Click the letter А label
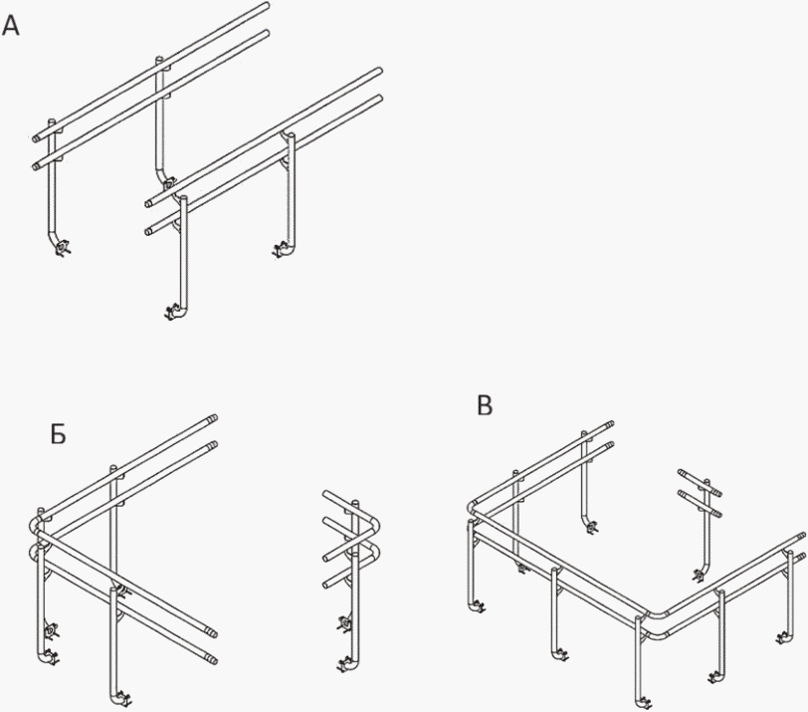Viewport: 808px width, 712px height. (x=11, y=26)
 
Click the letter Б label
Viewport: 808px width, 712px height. (x=59, y=435)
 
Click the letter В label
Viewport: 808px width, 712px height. (x=485, y=405)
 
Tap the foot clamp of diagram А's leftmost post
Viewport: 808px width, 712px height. (x=63, y=249)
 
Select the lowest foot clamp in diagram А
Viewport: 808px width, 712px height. (x=172, y=312)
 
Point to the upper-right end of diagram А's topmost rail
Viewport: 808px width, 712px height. (x=267, y=6)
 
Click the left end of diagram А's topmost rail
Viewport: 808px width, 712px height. (x=35, y=138)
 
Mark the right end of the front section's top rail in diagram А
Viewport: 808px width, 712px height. (x=379, y=71)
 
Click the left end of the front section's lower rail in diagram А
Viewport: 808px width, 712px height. (x=149, y=231)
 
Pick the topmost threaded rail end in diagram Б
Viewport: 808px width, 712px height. (x=212, y=417)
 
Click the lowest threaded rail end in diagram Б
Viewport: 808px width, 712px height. (x=211, y=659)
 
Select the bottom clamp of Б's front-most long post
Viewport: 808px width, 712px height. (x=121, y=699)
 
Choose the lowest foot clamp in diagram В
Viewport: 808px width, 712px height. (x=644, y=703)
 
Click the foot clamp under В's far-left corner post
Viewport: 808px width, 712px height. (x=479, y=606)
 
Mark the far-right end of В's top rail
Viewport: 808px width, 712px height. (x=801, y=536)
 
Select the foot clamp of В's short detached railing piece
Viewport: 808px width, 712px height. (x=700, y=575)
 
